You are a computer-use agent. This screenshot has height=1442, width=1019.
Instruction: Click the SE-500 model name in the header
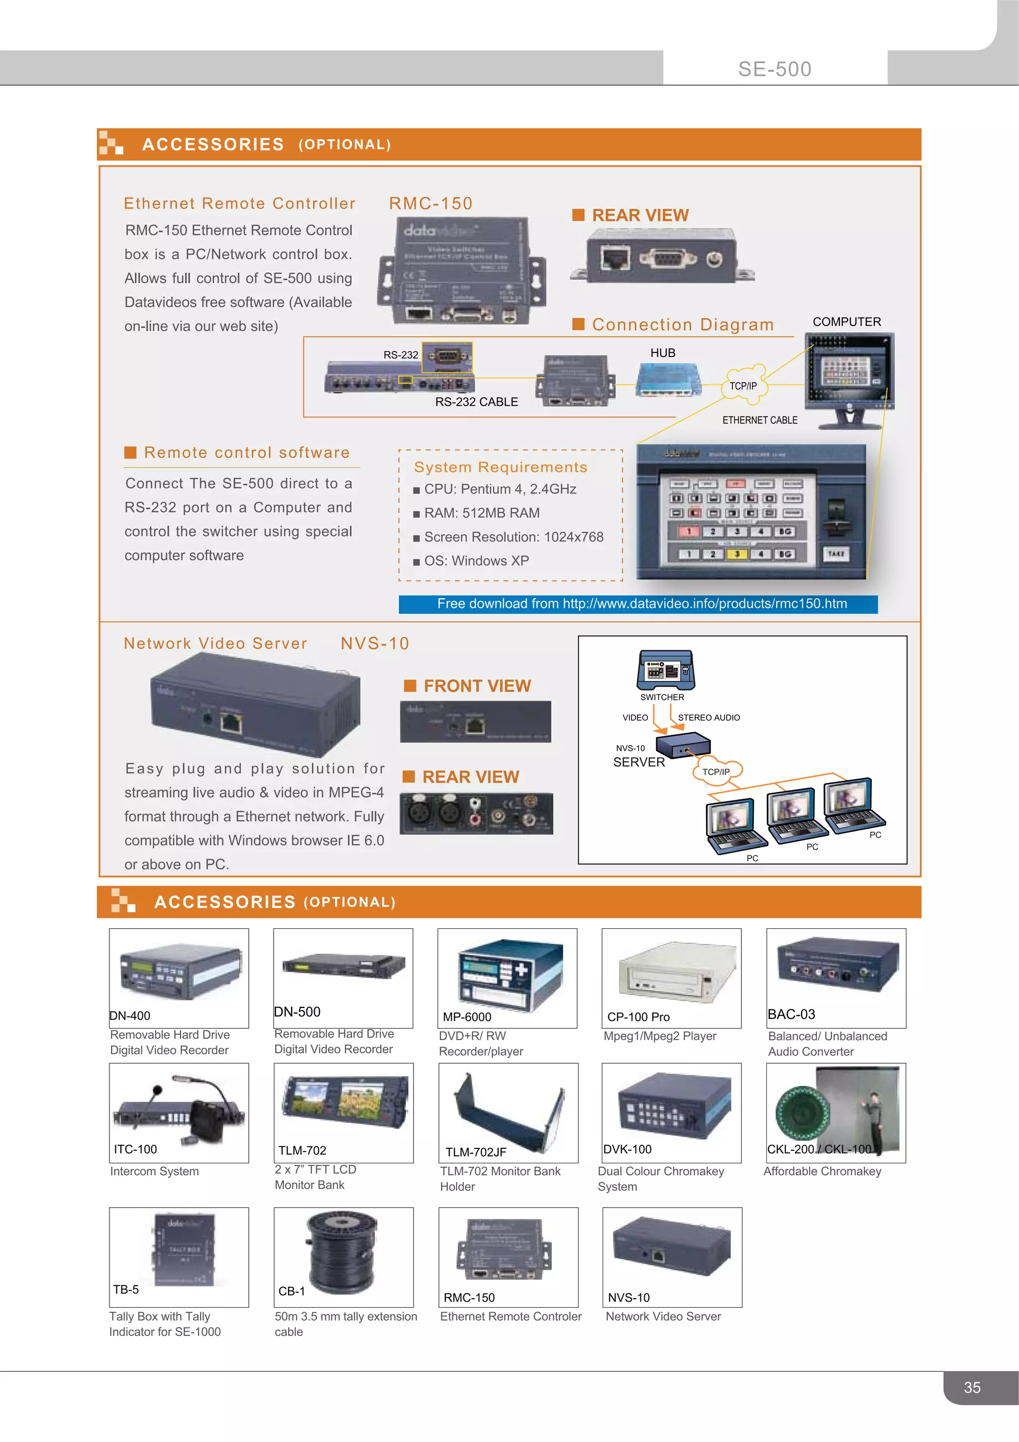click(774, 69)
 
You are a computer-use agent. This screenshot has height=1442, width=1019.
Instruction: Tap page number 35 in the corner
click(971, 1387)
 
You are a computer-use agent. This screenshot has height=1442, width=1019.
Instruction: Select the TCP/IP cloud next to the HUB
click(744, 384)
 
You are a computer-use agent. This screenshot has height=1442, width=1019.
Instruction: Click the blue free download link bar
click(638, 604)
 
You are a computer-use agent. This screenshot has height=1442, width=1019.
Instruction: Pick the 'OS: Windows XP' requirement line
click(476, 561)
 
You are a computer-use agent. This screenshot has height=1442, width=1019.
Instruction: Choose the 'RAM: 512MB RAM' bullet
click(481, 513)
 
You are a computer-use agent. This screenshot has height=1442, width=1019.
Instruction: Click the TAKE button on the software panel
click(836, 554)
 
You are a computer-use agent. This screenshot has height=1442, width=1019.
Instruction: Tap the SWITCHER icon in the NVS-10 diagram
click(666, 669)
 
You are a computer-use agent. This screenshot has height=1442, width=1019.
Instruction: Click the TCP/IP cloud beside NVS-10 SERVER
click(716, 771)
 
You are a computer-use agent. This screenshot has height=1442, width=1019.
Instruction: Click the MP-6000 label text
click(467, 1017)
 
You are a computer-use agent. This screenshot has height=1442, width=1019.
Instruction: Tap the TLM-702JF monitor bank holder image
click(508, 1111)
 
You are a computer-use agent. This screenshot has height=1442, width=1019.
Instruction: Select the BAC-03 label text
click(791, 1014)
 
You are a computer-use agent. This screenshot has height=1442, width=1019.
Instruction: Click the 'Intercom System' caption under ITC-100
click(154, 1171)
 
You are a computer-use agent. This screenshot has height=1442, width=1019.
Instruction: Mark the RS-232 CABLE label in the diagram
click(477, 402)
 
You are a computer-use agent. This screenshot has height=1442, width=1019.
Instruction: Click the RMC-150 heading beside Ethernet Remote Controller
click(431, 204)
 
